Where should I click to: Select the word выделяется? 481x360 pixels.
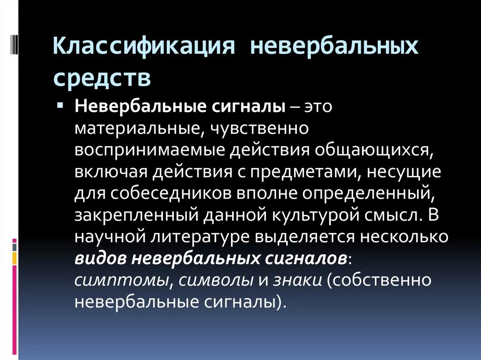(x=305, y=237)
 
